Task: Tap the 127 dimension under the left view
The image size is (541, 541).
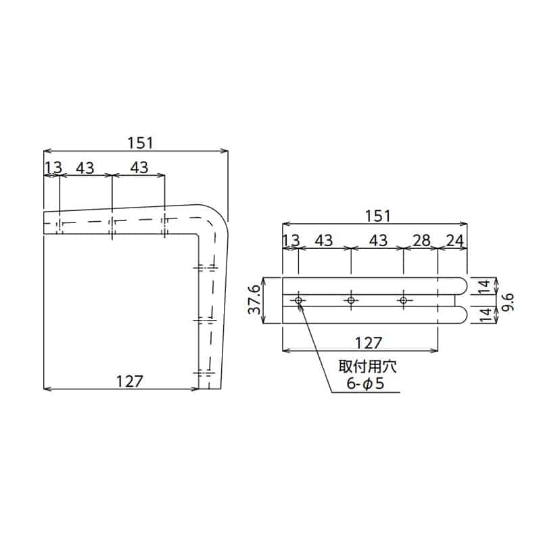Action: [129, 380]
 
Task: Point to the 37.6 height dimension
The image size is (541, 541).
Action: [254, 300]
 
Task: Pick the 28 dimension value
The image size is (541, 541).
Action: [421, 239]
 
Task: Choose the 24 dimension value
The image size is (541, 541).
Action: [454, 239]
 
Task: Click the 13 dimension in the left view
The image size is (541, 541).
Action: [53, 167]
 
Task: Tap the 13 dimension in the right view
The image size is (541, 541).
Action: [291, 239]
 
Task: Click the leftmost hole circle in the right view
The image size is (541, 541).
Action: [298, 300]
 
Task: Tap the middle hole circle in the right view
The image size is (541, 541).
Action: [350, 300]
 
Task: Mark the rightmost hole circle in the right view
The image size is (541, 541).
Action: [403, 300]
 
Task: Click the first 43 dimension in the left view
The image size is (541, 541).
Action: [85, 167]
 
